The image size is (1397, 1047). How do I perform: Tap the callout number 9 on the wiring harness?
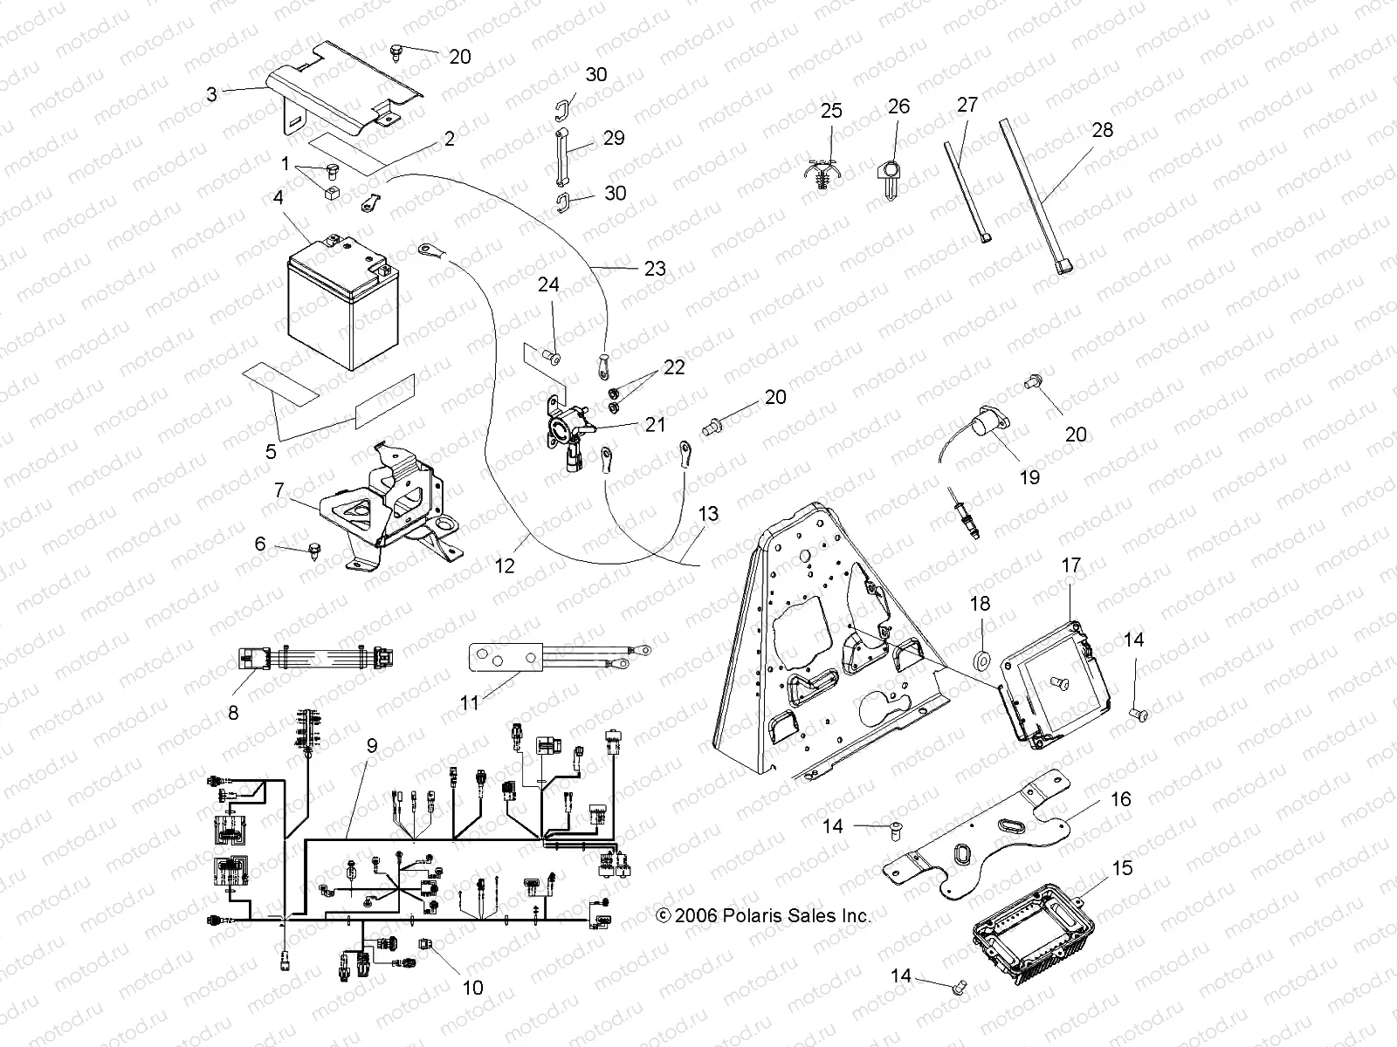click(371, 747)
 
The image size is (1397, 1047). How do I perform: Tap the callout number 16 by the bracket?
click(1120, 799)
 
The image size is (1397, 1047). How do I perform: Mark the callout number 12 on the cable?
click(505, 566)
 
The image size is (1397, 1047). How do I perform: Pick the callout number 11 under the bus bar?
click(470, 701)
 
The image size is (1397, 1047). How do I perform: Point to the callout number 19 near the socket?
click(1029, 477)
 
